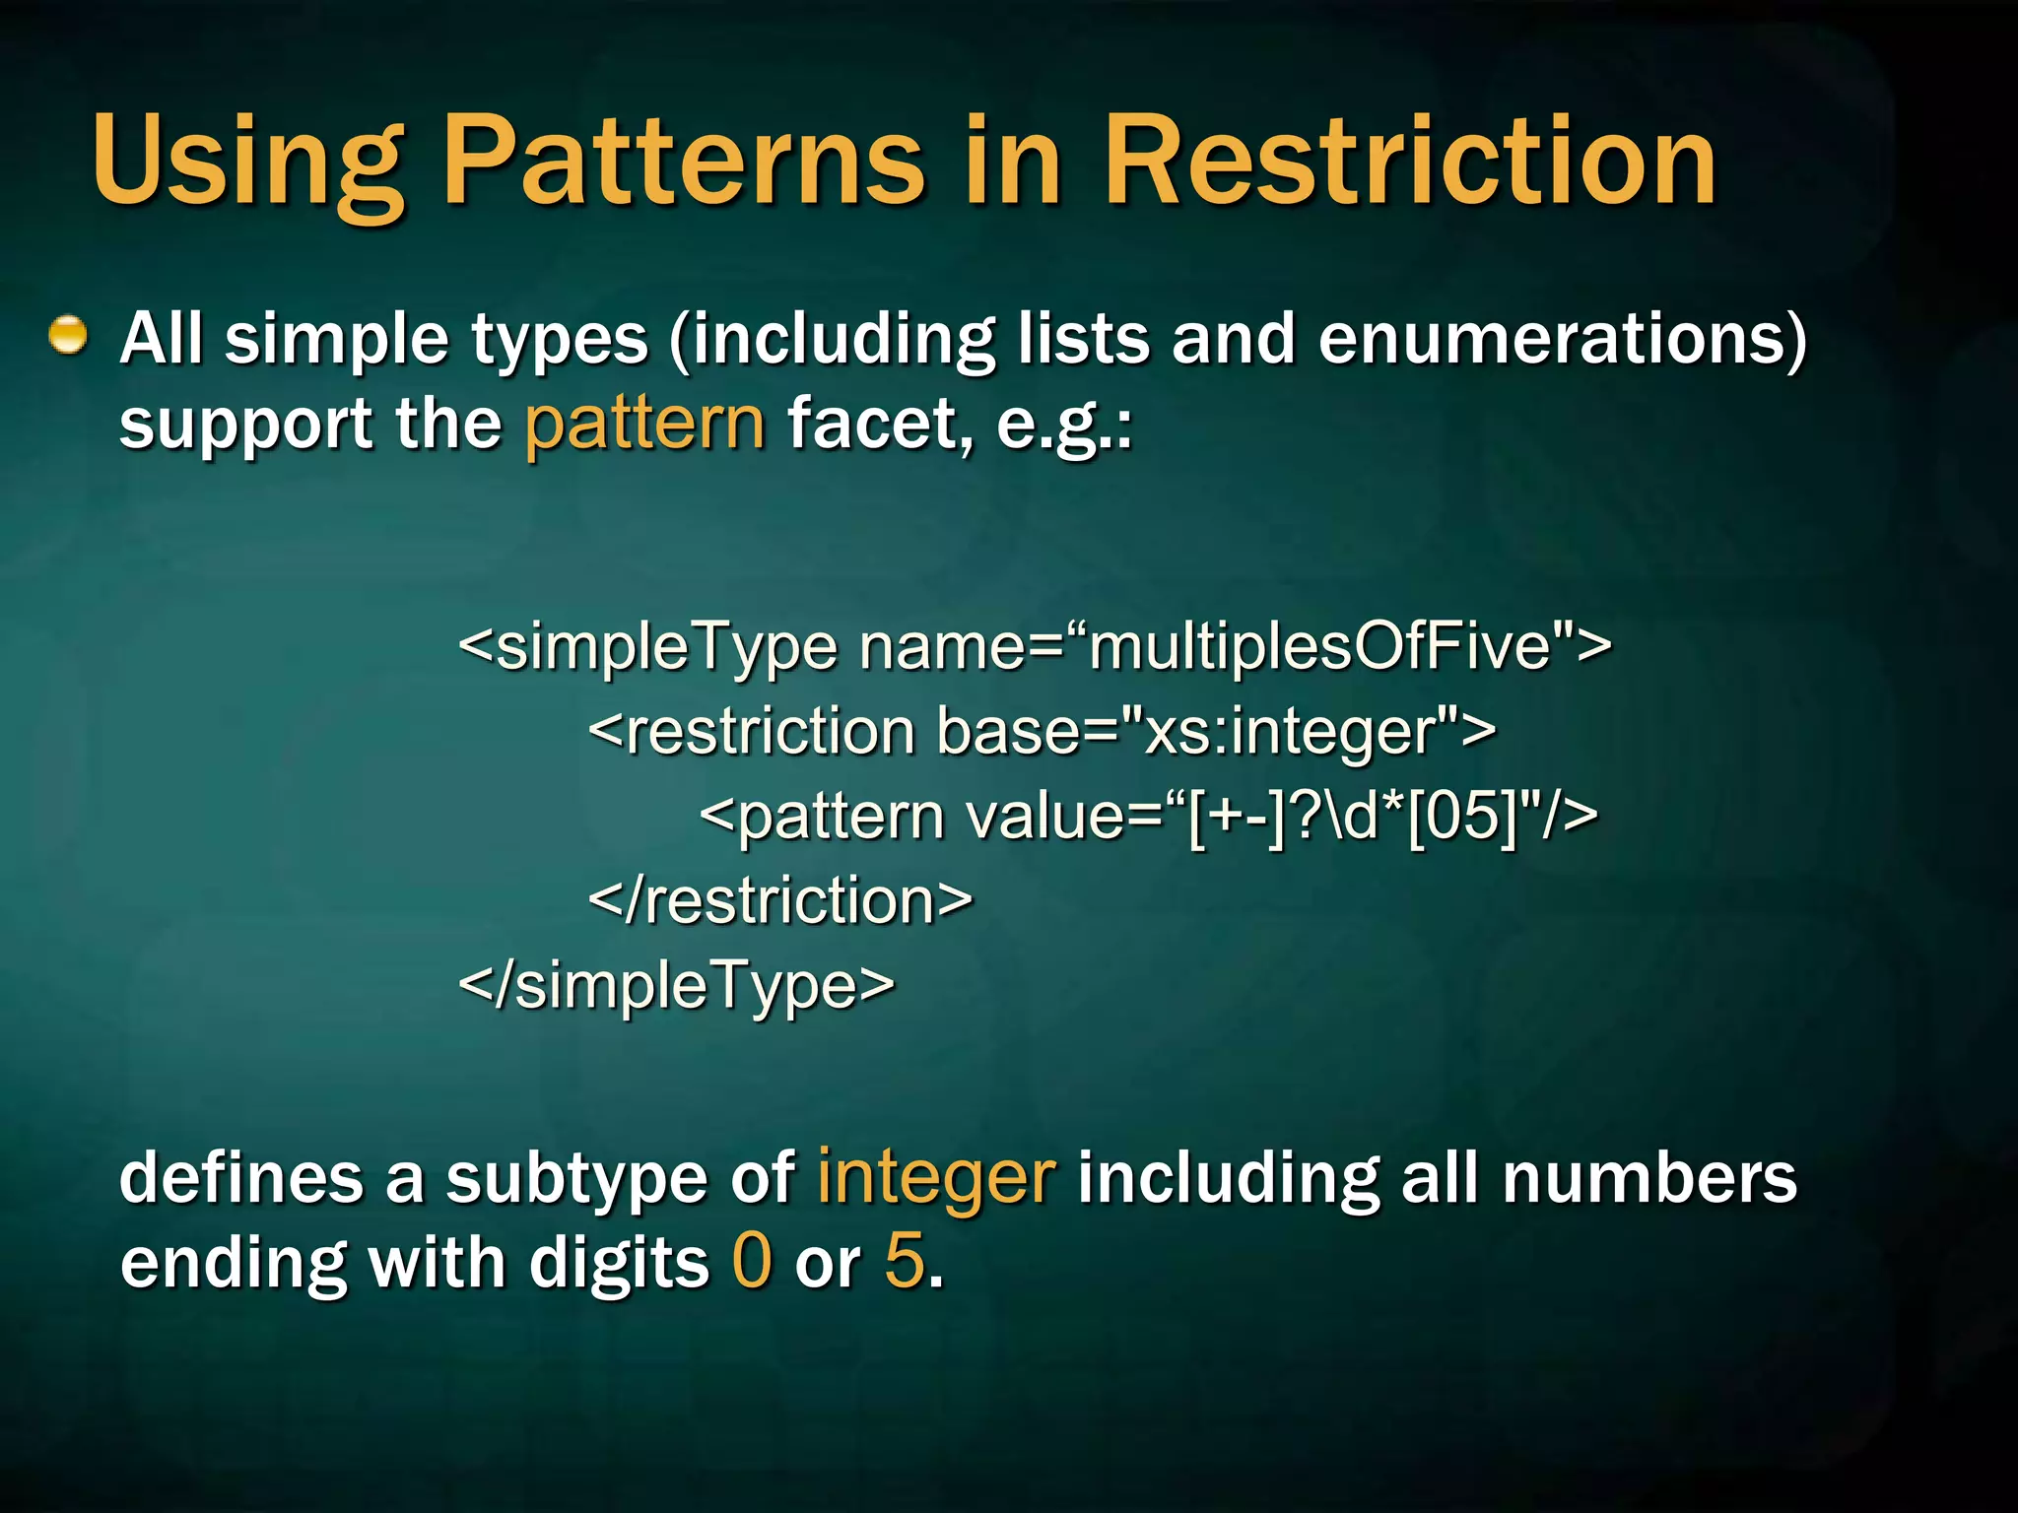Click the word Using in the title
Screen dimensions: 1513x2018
pyautogui.click(x=246, y=163)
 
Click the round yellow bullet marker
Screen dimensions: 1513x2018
pyautogui.click(x=68, y=336)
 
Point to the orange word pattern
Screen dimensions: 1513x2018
pyautogui.click(x=644, y=425)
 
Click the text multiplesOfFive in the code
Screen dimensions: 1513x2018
pyautogui.click(x=1320, y=647)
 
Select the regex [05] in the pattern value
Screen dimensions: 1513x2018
pyautogui.click(x=1463, y=817)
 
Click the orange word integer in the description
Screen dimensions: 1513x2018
pyautogui.click(x=936, y=1179)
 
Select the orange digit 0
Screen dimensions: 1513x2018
pyautogui.click(x=752, y=1262)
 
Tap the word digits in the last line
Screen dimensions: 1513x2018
pyautogui.click(x=619, y=1264)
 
